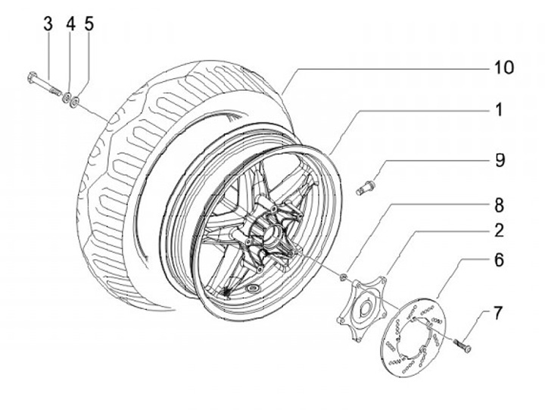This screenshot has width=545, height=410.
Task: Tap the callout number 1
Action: point(499,111)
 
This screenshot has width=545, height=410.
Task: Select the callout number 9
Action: point(499,161)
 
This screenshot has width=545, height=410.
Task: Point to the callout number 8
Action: point(499,205)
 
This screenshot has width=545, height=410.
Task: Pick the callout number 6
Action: point(499,260)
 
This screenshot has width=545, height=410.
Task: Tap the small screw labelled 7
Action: point(462,345)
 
